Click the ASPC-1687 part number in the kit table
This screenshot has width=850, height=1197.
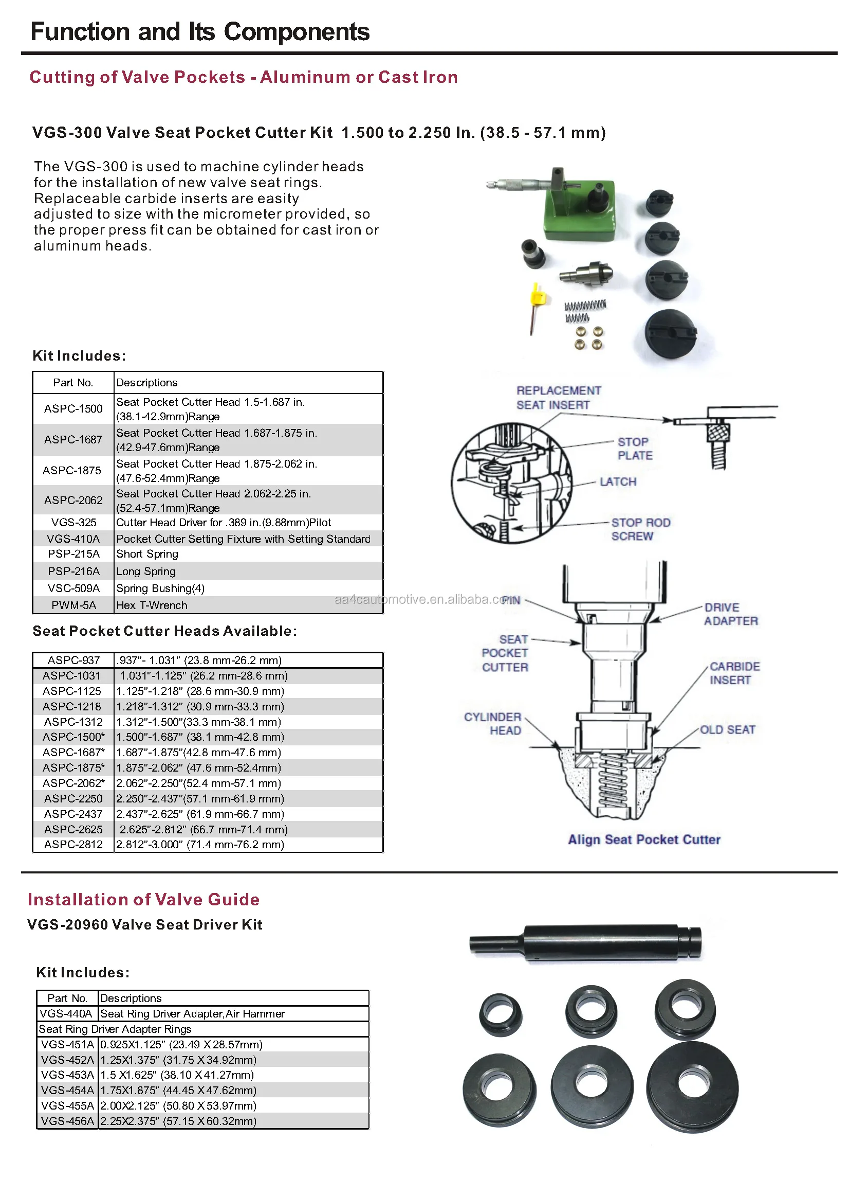click(x=73, y=439)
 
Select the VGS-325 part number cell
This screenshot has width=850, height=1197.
click(x=74, y=522)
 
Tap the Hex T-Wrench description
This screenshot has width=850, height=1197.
click(x=152, y=605)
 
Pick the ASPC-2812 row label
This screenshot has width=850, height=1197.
click(x=73, y=845)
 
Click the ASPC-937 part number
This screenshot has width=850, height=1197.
click(x=73, y=660)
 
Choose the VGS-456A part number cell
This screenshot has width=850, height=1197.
click(x=67, y=1121)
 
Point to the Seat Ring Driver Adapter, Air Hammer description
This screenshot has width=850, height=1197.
click(x=192, y=1014)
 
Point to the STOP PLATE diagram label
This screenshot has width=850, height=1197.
click(x=634, y=449)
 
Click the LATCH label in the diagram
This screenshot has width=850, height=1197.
click(x=618, y=482)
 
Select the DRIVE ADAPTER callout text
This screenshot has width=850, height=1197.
click(x=730, y=614)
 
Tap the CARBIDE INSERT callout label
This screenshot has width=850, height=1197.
click(x=734, y=673)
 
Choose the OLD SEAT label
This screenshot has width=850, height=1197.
click(x=727, y=730)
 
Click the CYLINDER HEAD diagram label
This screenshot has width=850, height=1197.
click(x=493, y=723)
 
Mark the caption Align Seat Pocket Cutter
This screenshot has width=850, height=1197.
click(x=644, y=839)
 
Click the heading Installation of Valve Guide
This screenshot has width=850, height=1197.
click(x=144, y=900)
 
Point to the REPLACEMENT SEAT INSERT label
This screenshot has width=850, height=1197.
click(x=558, y=398)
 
